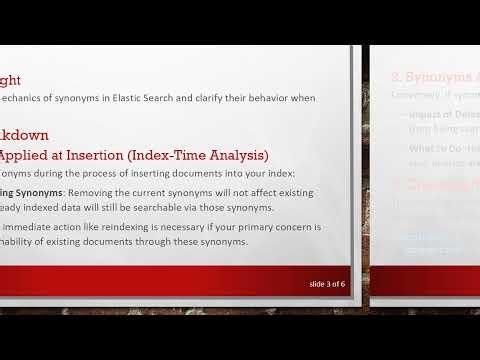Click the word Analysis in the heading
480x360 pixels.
click(x=234, y=155)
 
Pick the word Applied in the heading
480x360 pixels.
click(x=22, y=155)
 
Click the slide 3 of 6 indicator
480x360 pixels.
click(x=327, y=284)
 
